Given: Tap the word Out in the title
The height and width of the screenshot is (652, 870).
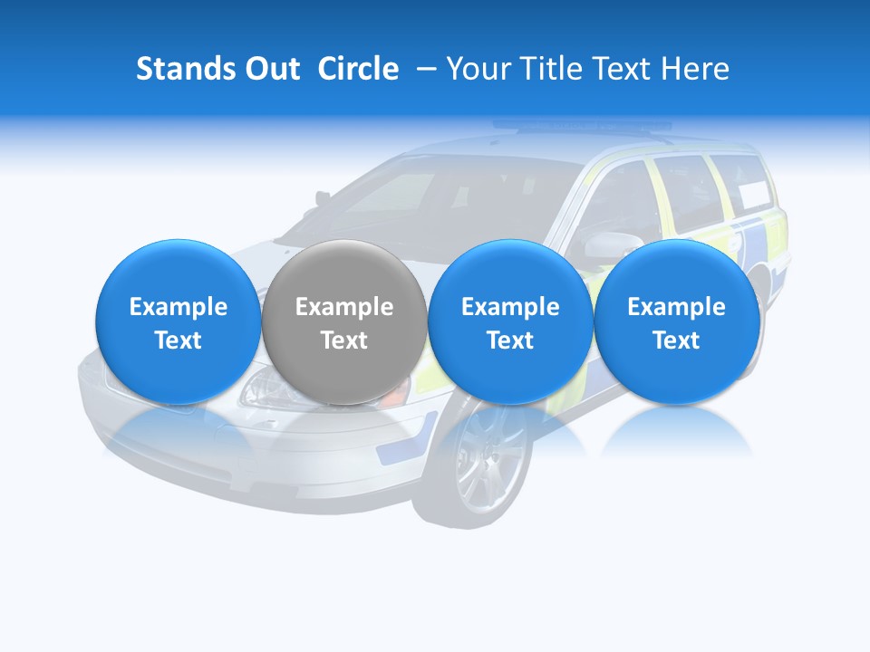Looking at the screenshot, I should point(271,69).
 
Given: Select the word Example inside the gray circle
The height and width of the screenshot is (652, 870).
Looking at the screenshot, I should point(344,307).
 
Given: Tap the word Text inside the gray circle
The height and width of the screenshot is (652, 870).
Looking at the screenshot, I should point(344,340).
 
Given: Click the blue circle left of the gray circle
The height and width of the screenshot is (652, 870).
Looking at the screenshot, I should point(178,321).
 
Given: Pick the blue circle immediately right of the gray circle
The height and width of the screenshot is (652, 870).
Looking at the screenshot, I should point(510,321).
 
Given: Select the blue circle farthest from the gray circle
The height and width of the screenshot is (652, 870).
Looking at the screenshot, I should point(676,321).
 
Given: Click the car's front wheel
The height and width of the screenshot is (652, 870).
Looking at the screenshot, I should point(488,457).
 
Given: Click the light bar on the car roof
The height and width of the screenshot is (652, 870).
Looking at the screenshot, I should point(580,126).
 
